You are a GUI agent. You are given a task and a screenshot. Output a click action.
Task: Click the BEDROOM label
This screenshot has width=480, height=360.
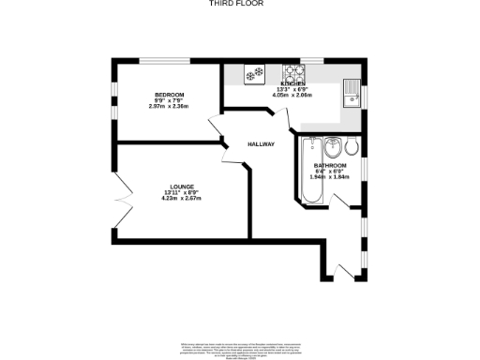pos(169,95)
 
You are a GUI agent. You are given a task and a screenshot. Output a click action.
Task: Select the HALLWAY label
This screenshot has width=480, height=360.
pos(261,144)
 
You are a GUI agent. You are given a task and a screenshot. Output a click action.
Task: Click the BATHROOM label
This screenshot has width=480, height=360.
pos(330,166)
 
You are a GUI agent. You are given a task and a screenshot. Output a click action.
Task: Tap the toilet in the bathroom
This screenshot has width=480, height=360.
pos(351,147)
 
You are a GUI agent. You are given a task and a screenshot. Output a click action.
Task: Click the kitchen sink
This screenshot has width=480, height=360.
pos(352,91)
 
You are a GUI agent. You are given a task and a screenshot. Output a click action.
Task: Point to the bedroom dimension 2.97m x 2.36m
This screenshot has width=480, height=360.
pos(169,106)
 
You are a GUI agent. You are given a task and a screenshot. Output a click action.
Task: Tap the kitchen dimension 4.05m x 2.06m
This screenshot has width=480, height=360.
pos(292,95)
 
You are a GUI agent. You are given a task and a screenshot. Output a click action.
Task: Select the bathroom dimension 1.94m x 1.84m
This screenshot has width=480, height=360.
pos(330,177)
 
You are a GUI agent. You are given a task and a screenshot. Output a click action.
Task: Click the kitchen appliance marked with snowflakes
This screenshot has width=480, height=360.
pos(253,71)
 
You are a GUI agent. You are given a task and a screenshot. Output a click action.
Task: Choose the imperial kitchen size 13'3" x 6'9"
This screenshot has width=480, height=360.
pos(292,89)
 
